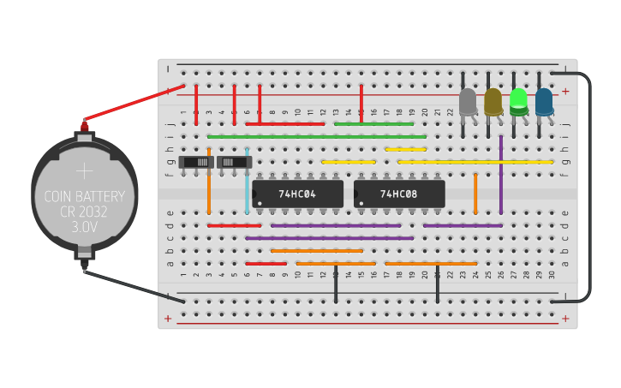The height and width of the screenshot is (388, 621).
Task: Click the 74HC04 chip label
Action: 297,194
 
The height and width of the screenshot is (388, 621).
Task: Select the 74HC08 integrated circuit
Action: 399,194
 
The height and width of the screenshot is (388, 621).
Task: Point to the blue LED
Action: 544,102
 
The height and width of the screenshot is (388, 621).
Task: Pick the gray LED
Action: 468,102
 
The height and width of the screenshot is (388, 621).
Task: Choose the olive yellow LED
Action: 493,102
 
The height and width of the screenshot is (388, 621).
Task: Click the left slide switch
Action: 197,162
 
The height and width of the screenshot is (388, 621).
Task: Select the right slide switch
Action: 235,162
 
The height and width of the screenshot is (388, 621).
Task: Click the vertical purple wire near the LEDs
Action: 501,176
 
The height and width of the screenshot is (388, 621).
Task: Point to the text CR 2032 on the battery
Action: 84,212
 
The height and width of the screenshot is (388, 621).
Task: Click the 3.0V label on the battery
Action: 84,227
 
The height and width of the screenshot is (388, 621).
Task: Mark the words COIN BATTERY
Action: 84,197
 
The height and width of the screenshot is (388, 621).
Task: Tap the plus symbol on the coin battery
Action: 84,170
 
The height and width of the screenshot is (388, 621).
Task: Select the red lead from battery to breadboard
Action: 133,104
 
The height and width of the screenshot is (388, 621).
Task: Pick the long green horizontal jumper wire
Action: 317,136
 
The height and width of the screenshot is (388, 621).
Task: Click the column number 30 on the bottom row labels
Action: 552,274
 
